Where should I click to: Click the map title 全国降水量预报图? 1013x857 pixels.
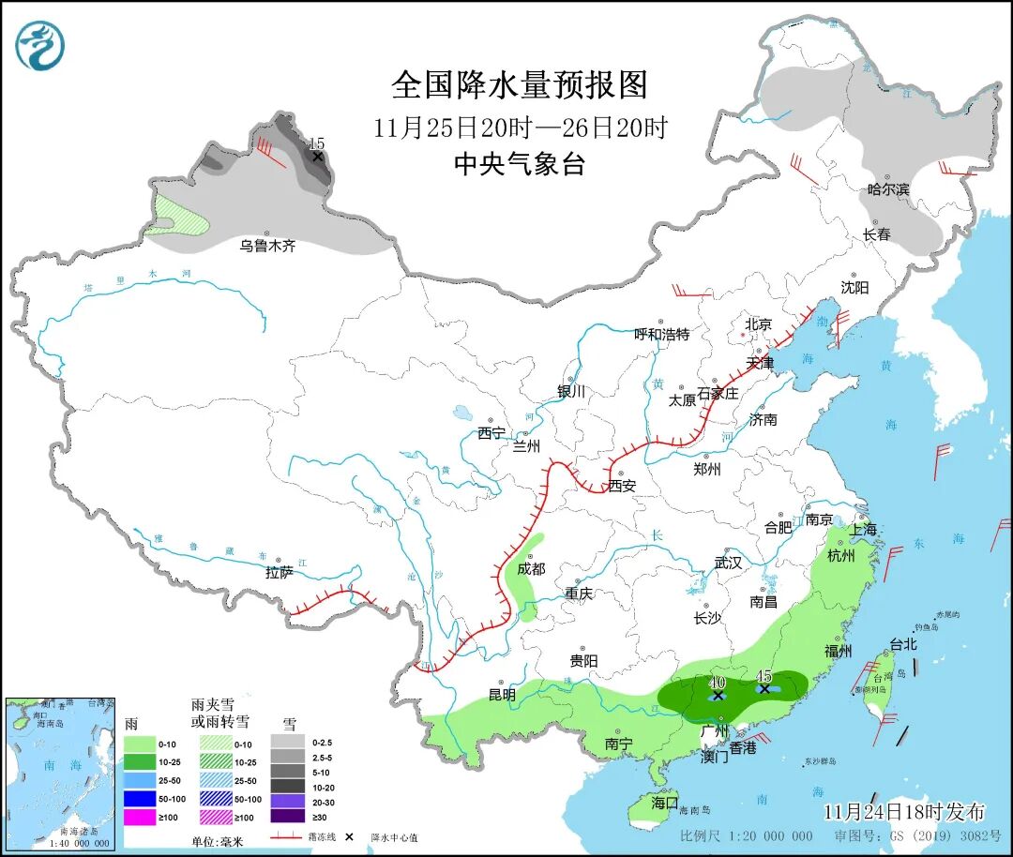pos(520,85)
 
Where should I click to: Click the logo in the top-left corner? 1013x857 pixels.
pos(39,44)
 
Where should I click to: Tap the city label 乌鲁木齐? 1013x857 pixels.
pos(267,246)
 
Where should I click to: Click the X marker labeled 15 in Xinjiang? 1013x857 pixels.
pos(318,156)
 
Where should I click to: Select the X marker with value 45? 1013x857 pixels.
pos(764,688)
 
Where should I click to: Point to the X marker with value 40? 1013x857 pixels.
pos(718,696)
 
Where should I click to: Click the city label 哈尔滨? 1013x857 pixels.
pos(888,189)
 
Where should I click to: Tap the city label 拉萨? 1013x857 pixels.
pos(280,571)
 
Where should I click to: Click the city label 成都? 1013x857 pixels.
pos(530,568)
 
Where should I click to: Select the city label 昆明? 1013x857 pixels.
pos(502,695)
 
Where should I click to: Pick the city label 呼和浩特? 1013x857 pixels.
pos(661,334)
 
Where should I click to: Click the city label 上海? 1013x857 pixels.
pos(864,530)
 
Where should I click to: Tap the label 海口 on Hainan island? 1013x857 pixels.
pos(664,803)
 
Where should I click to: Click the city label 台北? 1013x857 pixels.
pos(902,645)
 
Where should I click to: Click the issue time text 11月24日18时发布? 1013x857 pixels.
pos(904,811)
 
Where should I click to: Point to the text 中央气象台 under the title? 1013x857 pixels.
pos(520,165)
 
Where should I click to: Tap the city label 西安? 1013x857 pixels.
pos(622,486)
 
